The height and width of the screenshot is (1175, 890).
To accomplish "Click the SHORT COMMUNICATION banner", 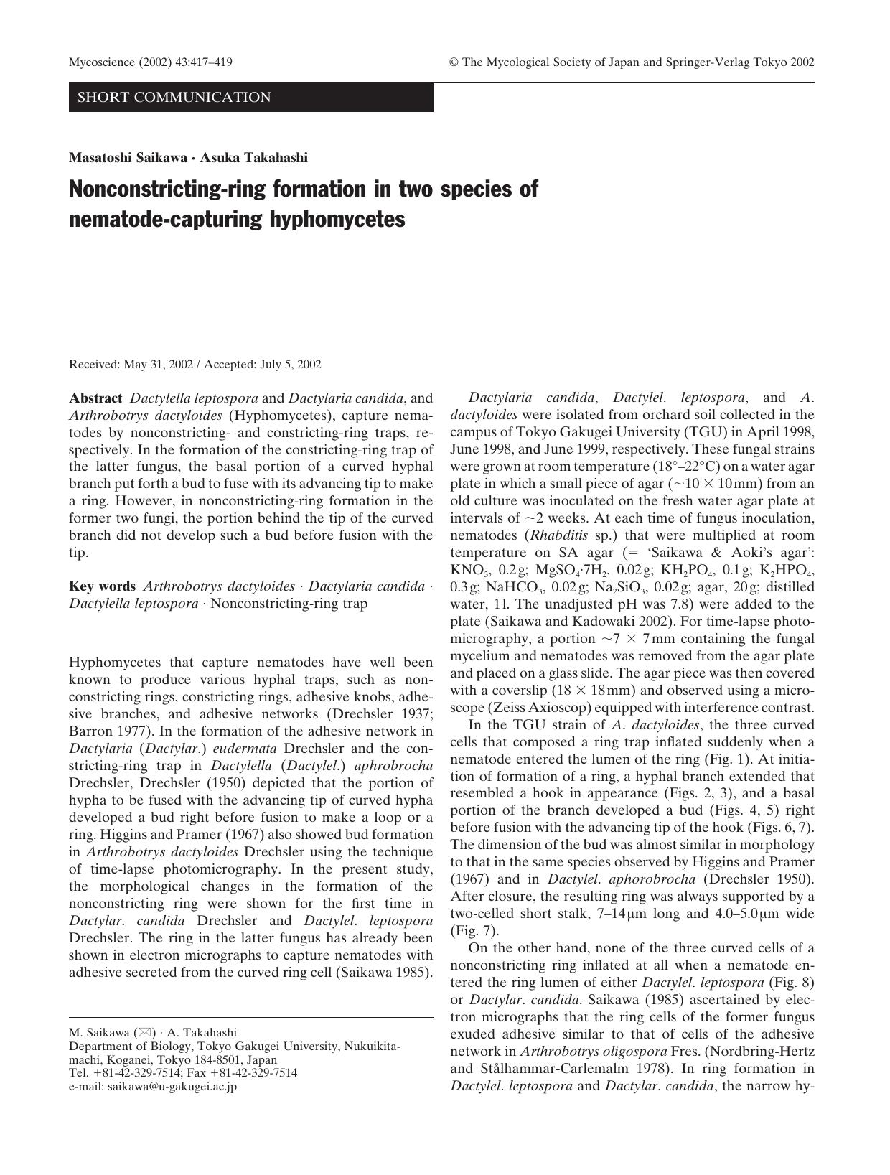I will pos(174,98).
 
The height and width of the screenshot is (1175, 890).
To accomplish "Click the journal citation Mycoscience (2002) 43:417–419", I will pos(150,62).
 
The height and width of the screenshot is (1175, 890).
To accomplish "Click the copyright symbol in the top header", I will pos(454,62).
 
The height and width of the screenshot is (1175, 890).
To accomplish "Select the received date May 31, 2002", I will pos(158,365).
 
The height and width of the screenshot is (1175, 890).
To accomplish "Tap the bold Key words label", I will pos(102,586).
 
